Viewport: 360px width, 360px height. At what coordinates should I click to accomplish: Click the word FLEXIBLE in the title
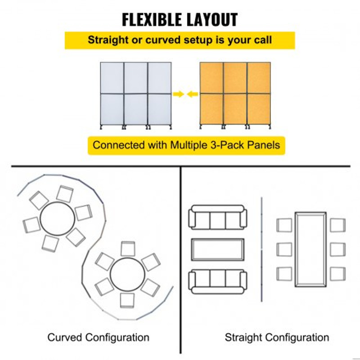[x=153, y=20]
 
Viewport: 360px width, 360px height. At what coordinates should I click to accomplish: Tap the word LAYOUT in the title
[x=212, y=20]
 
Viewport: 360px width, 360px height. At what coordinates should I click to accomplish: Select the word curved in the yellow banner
[x=163, y=40]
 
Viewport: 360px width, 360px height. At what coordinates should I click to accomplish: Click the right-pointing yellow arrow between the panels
[x=178, y=94]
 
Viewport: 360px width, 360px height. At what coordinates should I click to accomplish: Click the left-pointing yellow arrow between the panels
[x=193, y=94]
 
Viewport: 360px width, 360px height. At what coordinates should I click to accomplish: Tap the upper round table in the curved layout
[x=58, y=219]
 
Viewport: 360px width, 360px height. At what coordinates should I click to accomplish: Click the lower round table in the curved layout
[x=127, y=274]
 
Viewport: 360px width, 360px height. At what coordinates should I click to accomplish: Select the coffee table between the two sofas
[x=218, y=250]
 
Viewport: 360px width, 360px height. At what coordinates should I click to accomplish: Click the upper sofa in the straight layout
[x=218, y=217]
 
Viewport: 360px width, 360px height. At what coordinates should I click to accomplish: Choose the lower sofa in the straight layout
[x=218, y=282]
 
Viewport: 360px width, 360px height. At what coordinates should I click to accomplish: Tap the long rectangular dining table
[x=310, y=250]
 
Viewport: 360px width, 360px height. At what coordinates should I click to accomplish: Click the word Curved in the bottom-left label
[x=65, y=337]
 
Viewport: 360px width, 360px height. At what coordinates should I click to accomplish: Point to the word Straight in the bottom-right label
[x=244, y=337]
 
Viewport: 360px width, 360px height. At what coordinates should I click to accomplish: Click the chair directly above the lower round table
[x=128, y=249]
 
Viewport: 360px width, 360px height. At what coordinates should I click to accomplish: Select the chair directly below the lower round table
[x=127, y=301]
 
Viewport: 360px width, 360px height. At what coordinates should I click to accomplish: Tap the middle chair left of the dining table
[x=284, y=250]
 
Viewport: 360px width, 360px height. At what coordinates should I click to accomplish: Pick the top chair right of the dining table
[x=338, y=225]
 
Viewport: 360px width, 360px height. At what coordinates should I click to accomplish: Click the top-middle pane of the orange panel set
[x=235, y=77]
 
